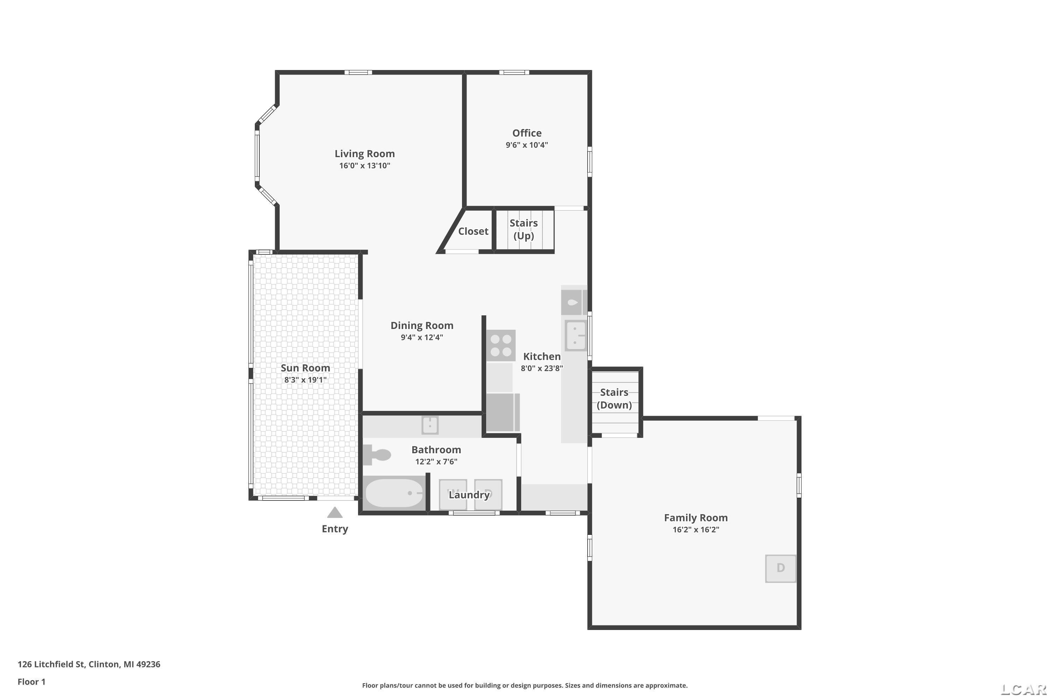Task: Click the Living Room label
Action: coord(365,154)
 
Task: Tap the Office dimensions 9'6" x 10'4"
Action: coord(527,145)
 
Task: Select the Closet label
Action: coord(473,231)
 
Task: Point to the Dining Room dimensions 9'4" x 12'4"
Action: coord(422,337)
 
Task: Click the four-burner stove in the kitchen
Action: coord(501,345)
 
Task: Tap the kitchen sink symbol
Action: coord(575,335)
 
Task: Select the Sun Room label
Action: coord(305,368)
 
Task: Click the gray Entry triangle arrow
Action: coord(335,512)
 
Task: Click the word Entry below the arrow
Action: coord(335,529)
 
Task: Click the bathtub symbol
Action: coord(394,493)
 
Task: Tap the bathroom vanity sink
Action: coord(430,426)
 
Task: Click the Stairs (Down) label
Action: coord(614,399)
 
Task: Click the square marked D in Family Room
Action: coord(781,568)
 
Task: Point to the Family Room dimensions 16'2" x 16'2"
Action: coord(696,530)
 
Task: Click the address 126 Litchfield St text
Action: coord(51,664)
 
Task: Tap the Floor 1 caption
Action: coord(31,682)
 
